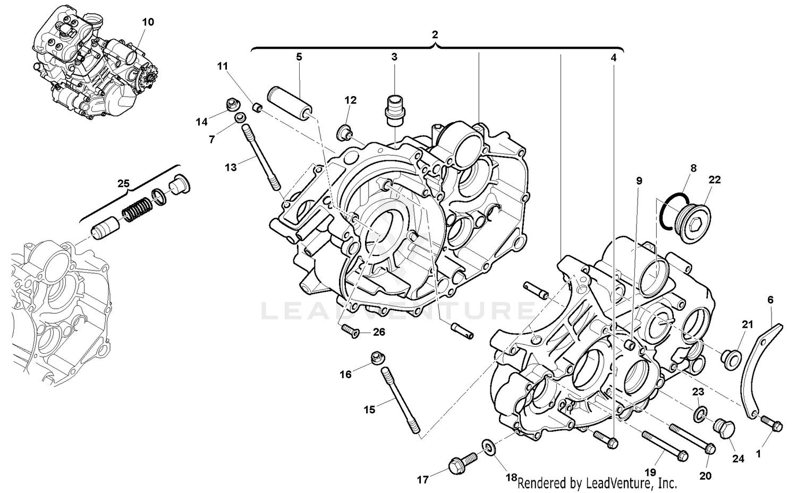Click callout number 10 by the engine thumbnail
[148, 22]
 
